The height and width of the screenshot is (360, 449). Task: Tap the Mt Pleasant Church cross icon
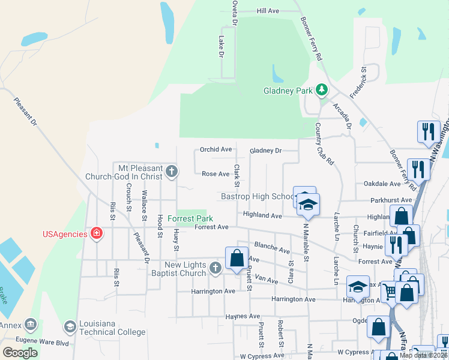(171, 172)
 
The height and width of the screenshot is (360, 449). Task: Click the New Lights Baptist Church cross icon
(215, 269)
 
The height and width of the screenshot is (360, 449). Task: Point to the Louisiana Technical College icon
(70, 326)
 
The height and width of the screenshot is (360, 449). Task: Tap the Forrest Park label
(190, 218)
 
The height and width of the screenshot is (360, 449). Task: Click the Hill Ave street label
(268, 11)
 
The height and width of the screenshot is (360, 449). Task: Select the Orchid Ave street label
(216, 149)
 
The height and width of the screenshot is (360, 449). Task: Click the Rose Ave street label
(216, 174)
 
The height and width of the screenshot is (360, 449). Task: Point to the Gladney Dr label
(265, 151)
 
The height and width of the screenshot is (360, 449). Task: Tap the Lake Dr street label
(221, 46)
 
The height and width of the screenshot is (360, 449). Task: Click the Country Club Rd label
(324, 144)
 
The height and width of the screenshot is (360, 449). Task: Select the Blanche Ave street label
(273, 247)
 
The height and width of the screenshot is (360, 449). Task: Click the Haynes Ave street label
(242, 316)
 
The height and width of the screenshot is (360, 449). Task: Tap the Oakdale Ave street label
(382, 184)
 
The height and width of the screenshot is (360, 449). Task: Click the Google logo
(20, 353)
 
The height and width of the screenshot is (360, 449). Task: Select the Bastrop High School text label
(256, 196)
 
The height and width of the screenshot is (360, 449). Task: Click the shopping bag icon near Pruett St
(237, 257)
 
